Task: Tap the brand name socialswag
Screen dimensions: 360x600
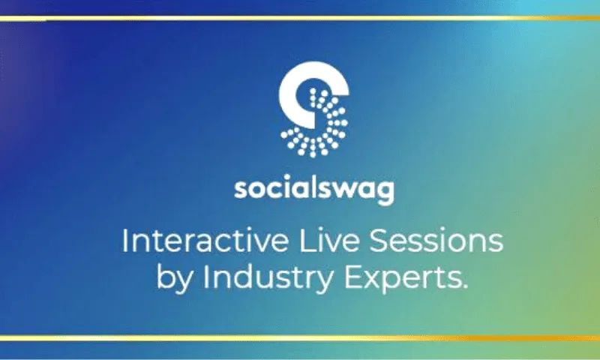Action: point(313,188)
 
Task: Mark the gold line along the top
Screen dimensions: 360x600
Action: point(300,19)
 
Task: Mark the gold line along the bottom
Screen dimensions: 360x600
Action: point(300,338)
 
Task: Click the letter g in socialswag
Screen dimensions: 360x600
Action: point(384,192)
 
